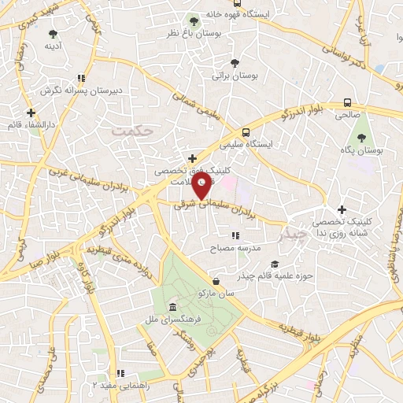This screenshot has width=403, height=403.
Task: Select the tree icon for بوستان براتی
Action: pos(233,63)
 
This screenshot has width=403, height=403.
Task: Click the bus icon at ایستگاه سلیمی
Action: pos(246,132)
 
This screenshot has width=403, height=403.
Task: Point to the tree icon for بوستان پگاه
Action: pos(361,135)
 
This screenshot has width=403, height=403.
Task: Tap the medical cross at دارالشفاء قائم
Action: pos(31,113)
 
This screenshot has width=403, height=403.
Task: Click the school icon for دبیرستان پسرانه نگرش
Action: pos(80,78)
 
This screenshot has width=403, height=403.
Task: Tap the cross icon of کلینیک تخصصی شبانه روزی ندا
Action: pos(341,209)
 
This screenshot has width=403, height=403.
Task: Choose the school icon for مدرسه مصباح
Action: pos(234,235)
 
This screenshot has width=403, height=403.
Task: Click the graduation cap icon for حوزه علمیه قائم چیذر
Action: pos(274,264)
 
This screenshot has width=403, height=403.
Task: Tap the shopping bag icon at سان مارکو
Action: pos(216,280)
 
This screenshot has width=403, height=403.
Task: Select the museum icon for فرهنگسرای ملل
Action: pos(172,307)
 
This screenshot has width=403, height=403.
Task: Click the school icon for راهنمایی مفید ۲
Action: pos(119,373)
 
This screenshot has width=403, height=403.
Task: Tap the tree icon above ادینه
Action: pos(53,34)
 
